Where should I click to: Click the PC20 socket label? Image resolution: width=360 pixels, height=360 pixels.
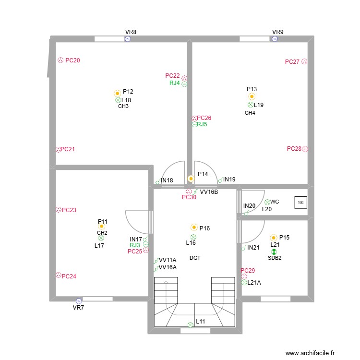click(72, 60)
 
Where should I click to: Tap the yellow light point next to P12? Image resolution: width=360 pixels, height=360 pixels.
click(117, 93)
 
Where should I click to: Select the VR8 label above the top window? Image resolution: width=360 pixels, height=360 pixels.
click(131, 32)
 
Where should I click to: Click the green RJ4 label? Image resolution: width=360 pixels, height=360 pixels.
click(175, 83)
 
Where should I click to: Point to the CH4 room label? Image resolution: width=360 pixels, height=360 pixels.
click(250, 113)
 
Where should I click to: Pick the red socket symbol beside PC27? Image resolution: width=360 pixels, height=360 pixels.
click(304, 61)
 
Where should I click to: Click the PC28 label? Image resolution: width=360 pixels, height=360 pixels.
click(294, 149)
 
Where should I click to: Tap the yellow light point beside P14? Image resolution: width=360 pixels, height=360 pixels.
click(191, 178)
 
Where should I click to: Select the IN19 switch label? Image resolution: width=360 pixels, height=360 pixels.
click(229, 180)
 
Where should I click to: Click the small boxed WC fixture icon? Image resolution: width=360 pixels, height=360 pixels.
click(301, 203)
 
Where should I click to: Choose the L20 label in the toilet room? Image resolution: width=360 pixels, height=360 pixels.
click(267, 209)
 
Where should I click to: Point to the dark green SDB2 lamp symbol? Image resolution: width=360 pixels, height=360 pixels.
click(274, 251)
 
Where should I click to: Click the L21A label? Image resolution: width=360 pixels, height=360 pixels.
click(254, 282)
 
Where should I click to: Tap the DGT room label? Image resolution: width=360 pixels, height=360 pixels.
click(195, 258)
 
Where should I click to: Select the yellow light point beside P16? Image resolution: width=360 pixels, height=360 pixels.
click(194, 228)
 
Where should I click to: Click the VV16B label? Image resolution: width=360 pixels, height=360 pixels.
click(209, 192)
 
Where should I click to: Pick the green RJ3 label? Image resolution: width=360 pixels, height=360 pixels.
click(135, 245)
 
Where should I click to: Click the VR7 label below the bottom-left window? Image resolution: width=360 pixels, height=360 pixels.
click(78, 307)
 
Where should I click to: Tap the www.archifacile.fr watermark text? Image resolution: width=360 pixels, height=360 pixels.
click(310, 353)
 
